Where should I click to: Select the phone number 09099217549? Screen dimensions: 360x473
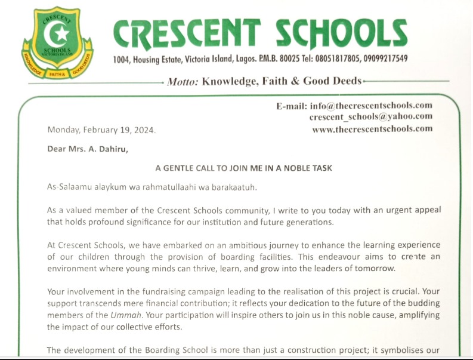pos(386,59)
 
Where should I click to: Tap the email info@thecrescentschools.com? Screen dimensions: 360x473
pos(371,106)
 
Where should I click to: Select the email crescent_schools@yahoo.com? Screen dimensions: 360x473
pos(371,116)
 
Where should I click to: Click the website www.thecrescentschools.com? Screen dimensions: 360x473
pos(372,128)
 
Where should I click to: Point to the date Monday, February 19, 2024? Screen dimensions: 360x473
pos(102,130)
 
